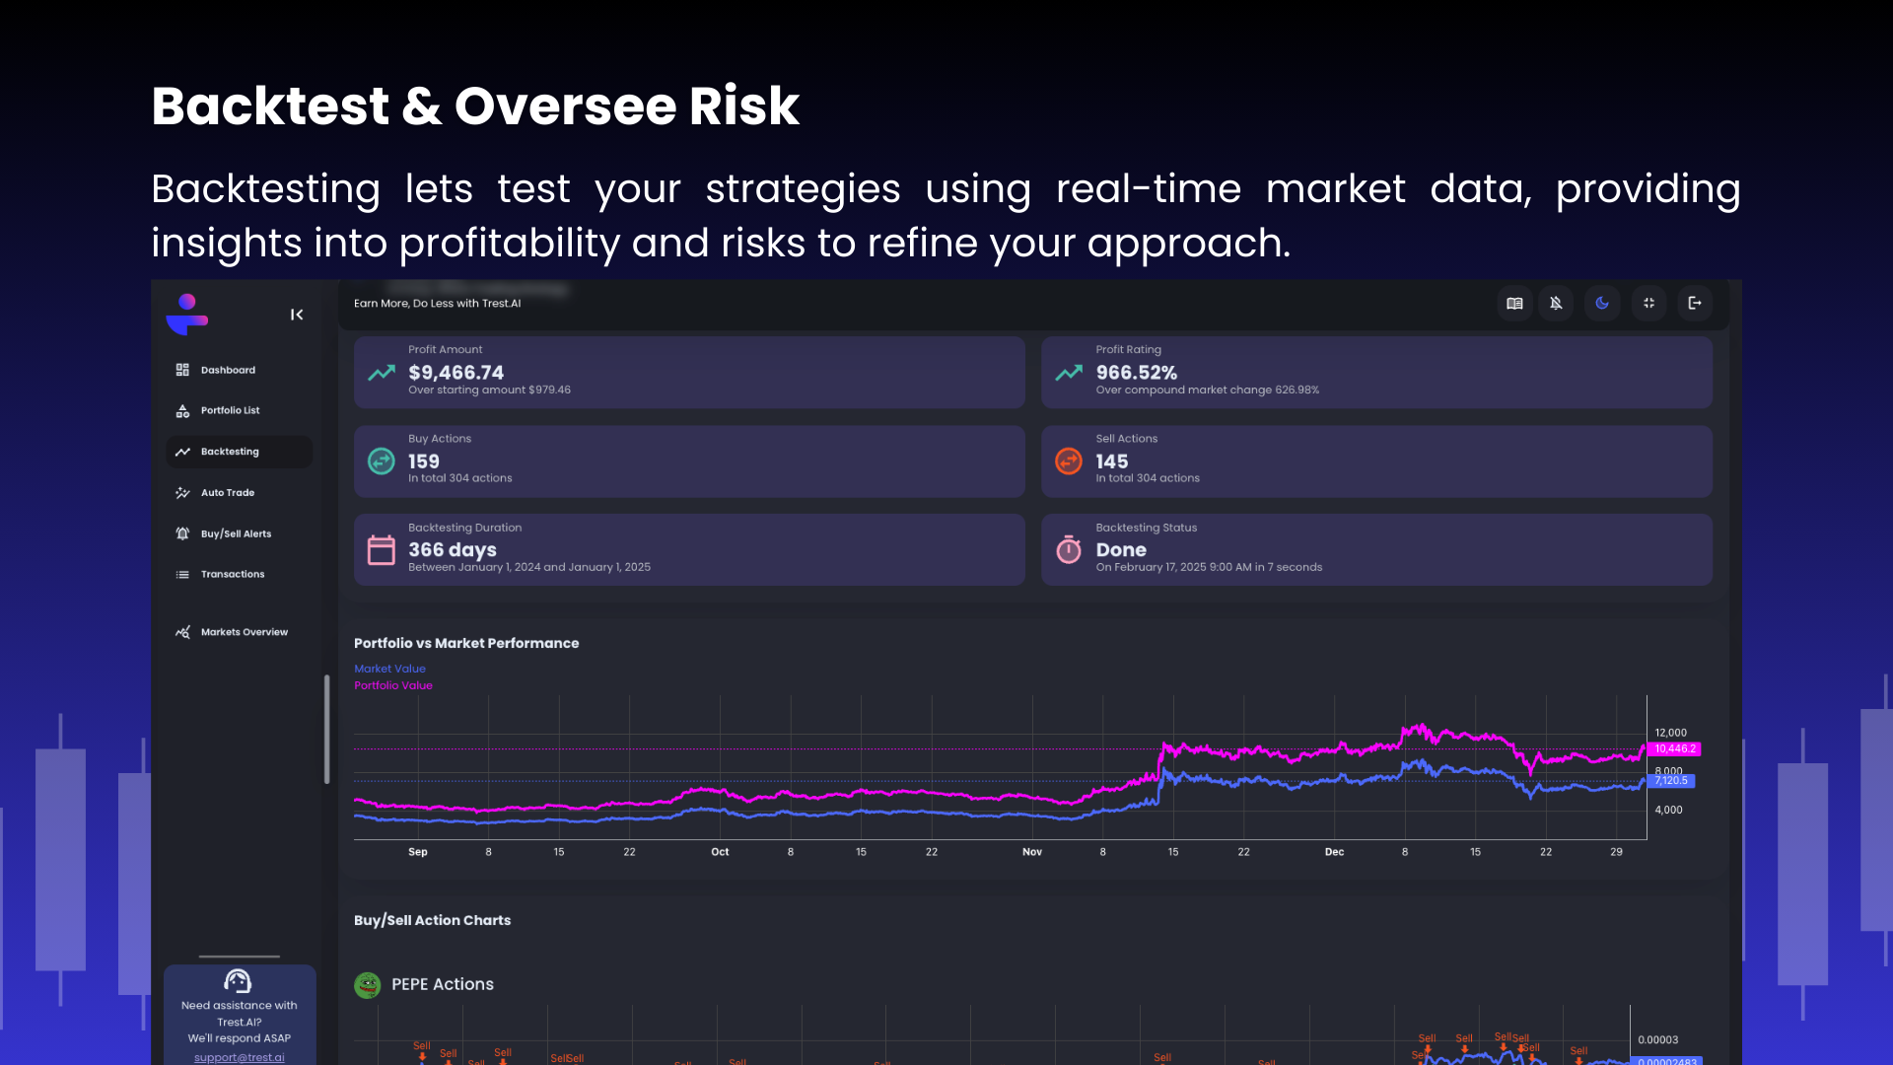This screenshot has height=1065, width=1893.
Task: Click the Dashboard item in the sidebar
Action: pos(228,370)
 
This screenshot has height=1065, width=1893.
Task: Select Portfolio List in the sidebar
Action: pos(230,410)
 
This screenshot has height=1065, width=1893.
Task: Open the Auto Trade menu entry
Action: pos(227,492)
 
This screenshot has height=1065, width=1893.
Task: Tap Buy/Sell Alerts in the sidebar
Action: pos(236,533)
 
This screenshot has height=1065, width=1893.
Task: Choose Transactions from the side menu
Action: pos(232,574)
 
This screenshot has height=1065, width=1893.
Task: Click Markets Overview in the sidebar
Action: pos(244,632)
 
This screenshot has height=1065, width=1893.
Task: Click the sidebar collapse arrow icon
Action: pos(297,315)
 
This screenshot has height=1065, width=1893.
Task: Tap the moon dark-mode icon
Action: pos(1602,303)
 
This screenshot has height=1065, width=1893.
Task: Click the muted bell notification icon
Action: pos(1556,303)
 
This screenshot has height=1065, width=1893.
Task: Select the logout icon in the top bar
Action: pos(1695,303)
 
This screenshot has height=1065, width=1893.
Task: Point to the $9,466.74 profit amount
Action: pos(456,373)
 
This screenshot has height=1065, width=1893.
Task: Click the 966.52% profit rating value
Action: pos(1136,373)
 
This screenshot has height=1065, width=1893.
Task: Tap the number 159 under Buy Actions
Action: pos(424,461)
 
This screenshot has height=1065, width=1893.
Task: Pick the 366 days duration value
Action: pos(453,550)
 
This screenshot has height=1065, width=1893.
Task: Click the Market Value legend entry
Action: pos(389,669)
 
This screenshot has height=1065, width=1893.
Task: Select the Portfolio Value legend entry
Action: pos(392,685)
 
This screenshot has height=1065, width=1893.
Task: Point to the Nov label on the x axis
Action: pos(1032,852)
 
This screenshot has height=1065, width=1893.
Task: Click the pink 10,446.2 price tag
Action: pos(1675,749)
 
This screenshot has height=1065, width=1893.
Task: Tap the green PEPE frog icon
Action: pos(368,985)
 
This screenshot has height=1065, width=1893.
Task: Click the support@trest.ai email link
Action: pos(239,1057)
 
